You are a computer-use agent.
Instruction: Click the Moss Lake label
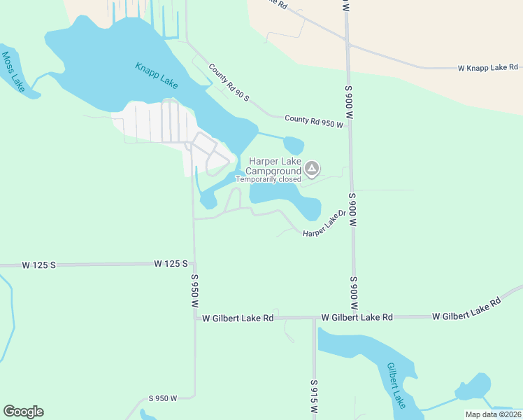(13, 71)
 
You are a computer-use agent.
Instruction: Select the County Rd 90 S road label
(229, 83)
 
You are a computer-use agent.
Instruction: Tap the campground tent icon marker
(313, 168)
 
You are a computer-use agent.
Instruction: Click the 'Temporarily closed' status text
(268, 179)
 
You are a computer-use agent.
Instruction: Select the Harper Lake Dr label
(324, 224)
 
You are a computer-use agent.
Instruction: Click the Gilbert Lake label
(396, 385)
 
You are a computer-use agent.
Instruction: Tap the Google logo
(23, 412)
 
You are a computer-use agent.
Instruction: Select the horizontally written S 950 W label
(164, 398)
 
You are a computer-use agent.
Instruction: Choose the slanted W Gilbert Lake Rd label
(467, 310)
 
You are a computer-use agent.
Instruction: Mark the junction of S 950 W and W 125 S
(194, 264)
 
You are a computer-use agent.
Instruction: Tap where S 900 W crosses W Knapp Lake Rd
(348, 45)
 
